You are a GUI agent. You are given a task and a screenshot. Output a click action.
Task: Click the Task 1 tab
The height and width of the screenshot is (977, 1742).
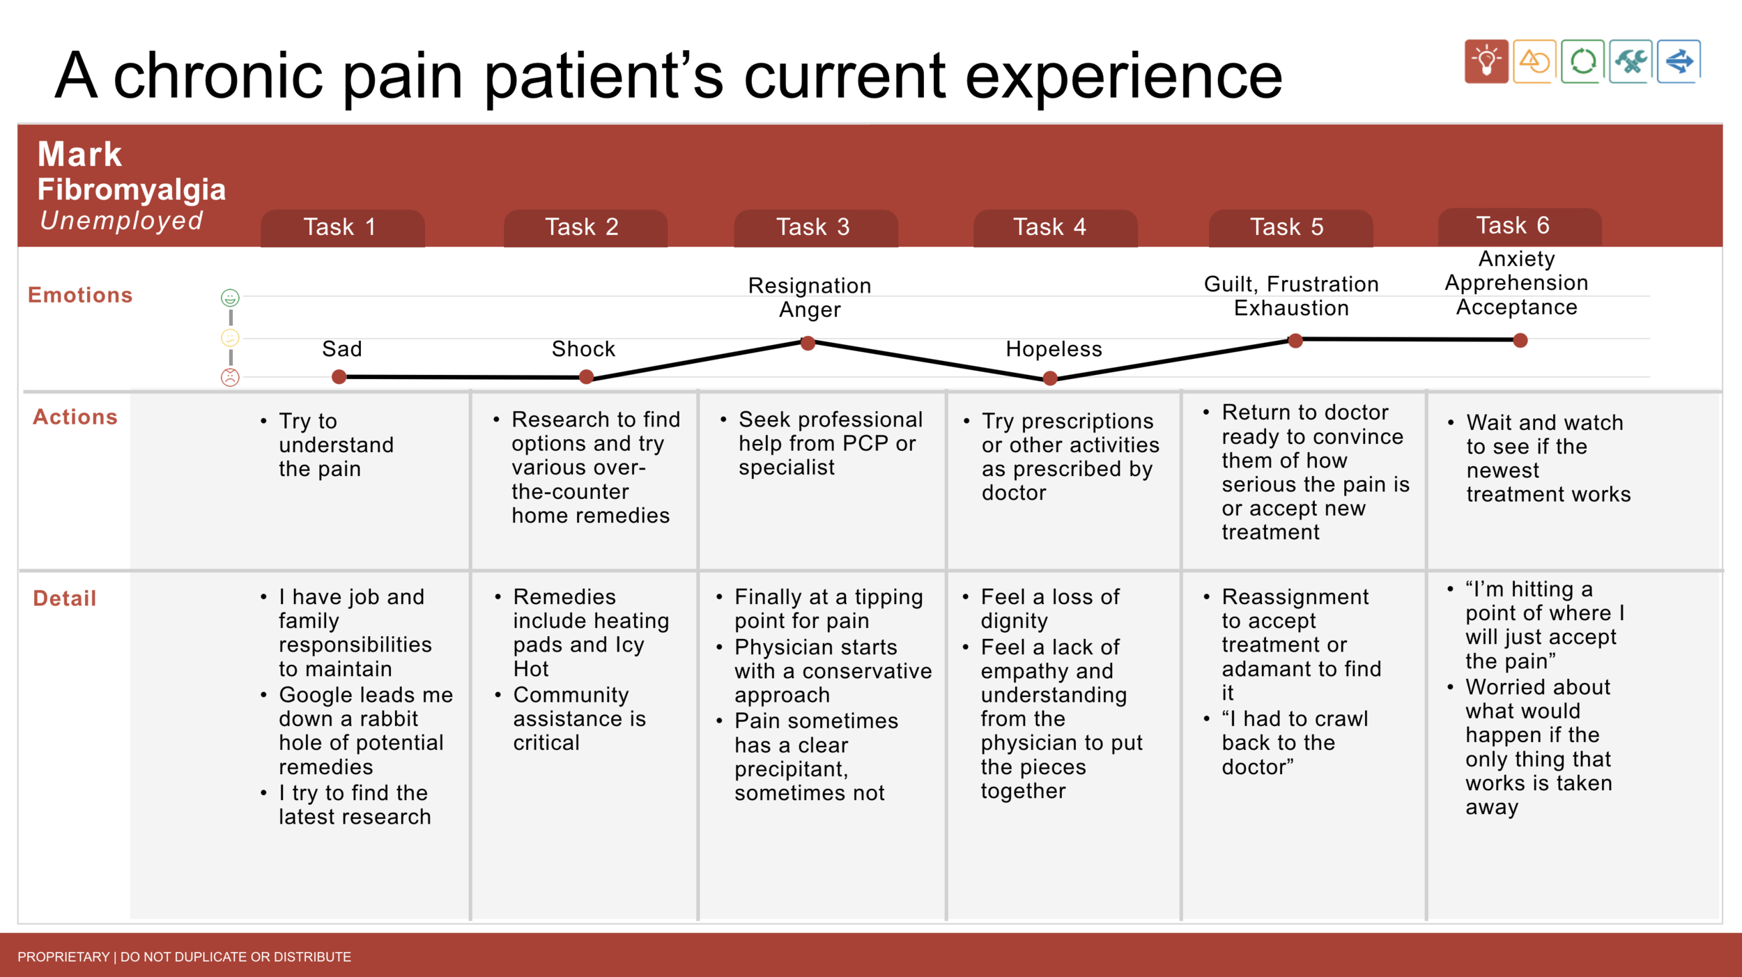point(343,228)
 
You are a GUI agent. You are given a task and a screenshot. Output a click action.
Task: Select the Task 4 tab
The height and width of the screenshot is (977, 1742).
point(1055,228)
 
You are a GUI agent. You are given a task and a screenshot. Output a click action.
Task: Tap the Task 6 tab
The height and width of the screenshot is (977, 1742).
point(1520,226)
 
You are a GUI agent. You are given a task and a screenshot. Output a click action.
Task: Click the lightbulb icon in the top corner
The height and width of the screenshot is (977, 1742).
point(1486,61)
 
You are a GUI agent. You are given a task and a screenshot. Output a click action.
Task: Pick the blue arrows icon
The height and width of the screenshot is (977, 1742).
point(1679,61)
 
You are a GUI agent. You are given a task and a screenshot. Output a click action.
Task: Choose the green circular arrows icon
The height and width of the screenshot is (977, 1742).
point(1583,61)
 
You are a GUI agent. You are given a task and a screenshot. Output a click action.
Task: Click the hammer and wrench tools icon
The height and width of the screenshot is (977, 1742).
point(1631,61)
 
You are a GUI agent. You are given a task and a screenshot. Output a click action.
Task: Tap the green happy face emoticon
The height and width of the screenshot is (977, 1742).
point(230,298)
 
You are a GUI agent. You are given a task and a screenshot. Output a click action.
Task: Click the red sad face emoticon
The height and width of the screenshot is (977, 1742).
point(230,377)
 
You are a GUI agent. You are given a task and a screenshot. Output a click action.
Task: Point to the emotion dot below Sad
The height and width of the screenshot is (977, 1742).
point(339,377)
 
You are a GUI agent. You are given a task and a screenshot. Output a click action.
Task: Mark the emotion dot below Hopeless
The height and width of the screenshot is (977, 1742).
point(1050,378)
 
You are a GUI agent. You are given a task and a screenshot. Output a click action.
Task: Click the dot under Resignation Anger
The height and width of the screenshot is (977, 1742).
point(808,343)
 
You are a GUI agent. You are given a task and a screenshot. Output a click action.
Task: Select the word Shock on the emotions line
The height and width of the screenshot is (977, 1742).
point(583,348)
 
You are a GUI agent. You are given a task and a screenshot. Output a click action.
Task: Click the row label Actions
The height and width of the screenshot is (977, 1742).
point(75,417)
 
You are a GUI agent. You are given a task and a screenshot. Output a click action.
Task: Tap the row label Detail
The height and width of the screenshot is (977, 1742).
point(65,598)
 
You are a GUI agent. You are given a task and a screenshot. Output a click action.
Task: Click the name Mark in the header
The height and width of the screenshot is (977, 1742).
point(79,154)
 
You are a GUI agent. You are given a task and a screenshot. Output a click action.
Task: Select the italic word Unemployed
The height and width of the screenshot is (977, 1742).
point(122,221)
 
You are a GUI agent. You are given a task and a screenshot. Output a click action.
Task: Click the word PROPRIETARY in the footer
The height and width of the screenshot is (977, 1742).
point(63,957)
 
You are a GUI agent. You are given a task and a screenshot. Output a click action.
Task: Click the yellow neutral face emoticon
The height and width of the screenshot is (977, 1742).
point(230,338)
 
